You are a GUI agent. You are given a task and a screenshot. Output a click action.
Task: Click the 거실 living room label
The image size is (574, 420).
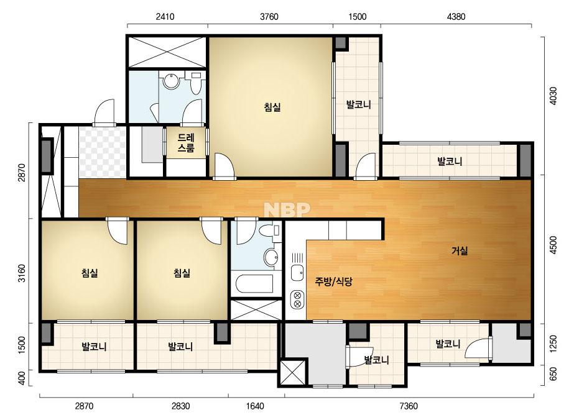[460, 250]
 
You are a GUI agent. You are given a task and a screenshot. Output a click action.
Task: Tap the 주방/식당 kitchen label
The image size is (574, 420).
[333, 281]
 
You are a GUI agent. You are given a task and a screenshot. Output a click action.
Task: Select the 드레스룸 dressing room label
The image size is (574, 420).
[186, 143]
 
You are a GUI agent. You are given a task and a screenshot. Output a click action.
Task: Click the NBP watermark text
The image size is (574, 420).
[287, 209]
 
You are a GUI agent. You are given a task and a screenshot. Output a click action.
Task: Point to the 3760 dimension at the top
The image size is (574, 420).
[269, 16]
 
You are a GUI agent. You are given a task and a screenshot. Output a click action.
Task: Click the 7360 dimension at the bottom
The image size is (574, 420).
[409, 406]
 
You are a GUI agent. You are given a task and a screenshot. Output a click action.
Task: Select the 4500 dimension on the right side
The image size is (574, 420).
[553, 245]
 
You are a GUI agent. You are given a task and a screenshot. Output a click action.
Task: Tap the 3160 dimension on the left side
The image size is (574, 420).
[22, 273]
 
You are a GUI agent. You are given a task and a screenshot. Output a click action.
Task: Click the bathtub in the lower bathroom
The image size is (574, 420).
[254, 284]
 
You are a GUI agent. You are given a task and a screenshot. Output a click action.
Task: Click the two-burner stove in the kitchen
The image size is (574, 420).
[297, 299]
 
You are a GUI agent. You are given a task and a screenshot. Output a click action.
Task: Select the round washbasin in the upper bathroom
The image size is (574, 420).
[171, 81]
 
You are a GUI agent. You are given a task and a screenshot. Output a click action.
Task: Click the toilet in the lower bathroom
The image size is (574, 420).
[270, 231]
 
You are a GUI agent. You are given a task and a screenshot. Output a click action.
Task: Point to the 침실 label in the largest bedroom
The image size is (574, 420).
[272, 107]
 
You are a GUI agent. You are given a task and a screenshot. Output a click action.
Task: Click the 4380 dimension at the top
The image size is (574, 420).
[456, 16]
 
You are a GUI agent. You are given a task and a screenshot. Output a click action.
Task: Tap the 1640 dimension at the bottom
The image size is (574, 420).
[255, 406]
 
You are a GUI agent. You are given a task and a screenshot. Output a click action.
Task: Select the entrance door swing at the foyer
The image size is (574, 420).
[104, 112]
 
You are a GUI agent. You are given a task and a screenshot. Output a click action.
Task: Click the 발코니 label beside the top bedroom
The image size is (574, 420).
[359, 104]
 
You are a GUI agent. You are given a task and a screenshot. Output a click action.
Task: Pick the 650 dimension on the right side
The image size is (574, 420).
[553, 373]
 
